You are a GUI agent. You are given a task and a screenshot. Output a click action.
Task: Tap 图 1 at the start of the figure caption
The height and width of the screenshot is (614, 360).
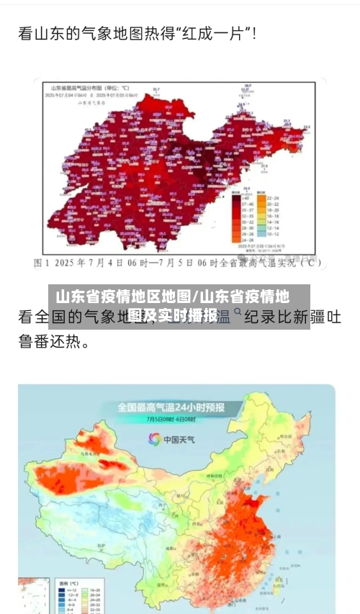coord(42,263)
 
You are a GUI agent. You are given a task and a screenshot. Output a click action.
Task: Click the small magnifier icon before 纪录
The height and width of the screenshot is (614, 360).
coord(237,312)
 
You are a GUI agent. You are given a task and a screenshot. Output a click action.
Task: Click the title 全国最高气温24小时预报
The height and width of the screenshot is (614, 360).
coord(171,407)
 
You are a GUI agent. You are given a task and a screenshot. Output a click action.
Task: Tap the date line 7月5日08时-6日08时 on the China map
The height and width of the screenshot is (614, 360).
coord(171,419)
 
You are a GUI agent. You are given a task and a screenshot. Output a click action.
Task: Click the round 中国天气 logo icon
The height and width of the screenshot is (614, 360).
coord(155,438)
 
